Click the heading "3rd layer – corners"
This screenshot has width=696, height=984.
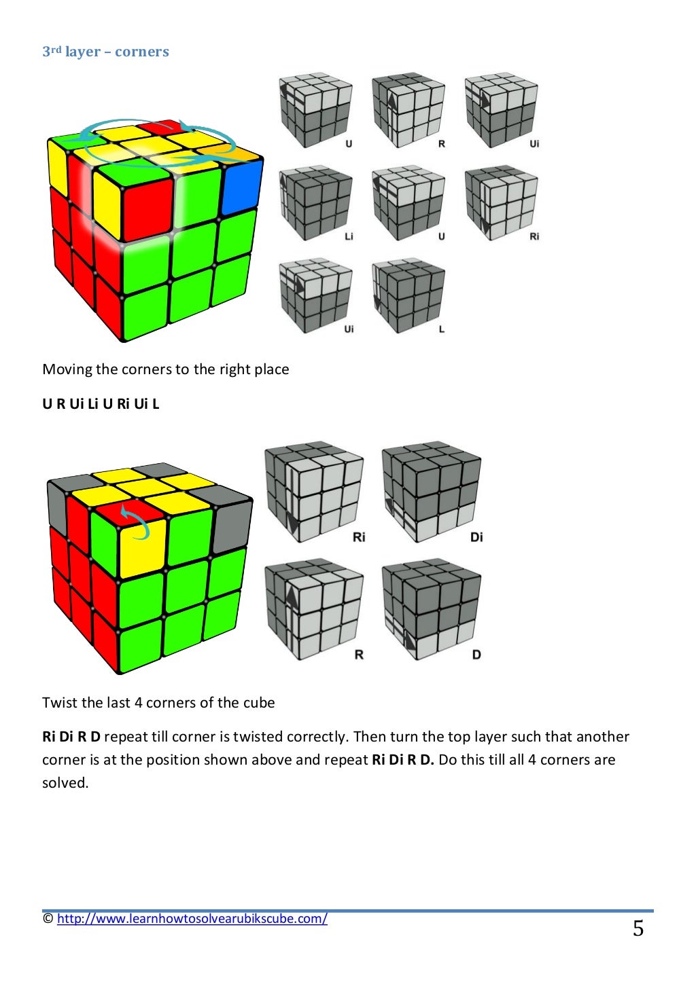point(105,52)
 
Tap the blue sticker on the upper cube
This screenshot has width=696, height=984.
point(241,187)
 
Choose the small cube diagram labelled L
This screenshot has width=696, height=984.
point(408,295)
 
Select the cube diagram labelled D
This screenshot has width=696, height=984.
point(432,609)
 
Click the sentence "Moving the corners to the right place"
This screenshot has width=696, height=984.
point(165,369)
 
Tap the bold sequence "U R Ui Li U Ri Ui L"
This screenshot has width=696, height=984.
point(101,404)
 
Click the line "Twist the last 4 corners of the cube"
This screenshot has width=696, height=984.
point(158,703)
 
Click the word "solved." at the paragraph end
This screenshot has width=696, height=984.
point(65,783)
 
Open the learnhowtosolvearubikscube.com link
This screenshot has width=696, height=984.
point(192,919)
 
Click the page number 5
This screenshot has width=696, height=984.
point(638,928)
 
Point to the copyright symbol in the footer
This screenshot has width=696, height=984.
point(48,919)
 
